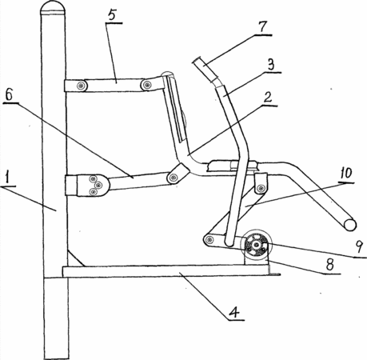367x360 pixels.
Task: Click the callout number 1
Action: point(9,178)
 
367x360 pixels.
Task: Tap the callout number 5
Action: point(113,16)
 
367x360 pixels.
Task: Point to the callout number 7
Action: point(262,27)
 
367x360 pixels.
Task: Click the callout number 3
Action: point(271,65)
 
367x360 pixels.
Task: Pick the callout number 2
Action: point(268,98)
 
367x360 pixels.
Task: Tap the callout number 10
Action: point(345,174)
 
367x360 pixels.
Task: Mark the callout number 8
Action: point(330,265)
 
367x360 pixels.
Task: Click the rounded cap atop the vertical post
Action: point(53,8)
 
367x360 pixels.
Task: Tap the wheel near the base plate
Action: point(256,245)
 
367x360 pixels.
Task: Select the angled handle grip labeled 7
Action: point(206,70)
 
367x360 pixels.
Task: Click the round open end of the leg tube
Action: point(350,225)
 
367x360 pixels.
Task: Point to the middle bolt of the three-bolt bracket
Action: point(98,185)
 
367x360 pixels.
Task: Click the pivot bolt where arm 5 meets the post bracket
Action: point(81,86)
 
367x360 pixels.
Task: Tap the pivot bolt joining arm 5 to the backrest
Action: point(146,86)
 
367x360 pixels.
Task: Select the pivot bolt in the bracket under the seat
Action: point(261,189)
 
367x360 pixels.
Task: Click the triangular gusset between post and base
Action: point(74,258)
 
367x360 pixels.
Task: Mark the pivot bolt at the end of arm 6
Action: point(174,177)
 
